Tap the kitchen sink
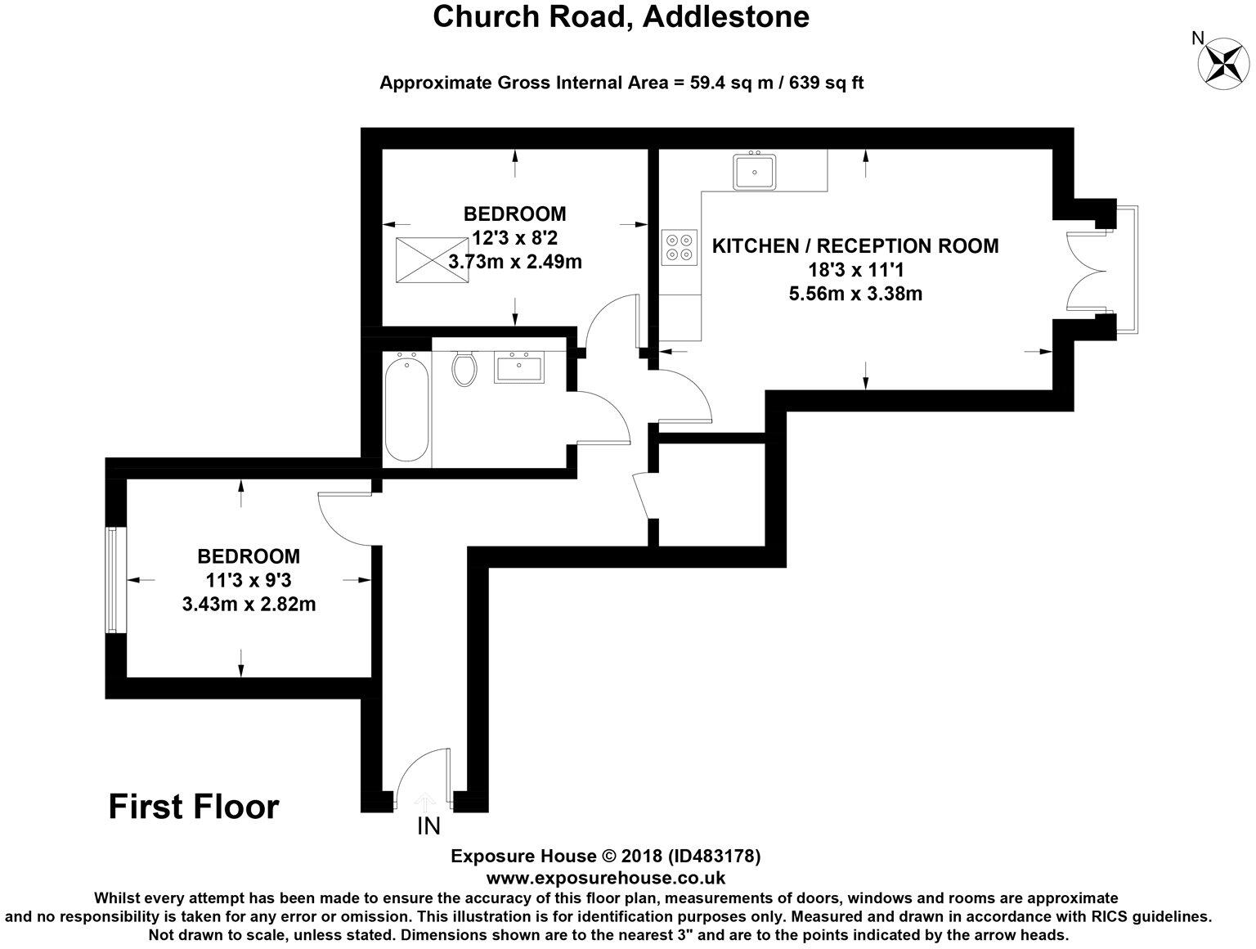coord(755,170)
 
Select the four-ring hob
coord(680,247)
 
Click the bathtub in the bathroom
coord(407,407)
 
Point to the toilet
coord(464,368)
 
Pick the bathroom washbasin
coord(519,367)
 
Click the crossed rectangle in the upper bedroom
coord(432,260)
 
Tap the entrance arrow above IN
coord(424,802)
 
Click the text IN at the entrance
coord(428,826)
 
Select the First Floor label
coord(194,807)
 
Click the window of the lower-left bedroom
coord(111,579)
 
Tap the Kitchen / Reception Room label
coord(855,246)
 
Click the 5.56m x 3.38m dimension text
coord(855,294)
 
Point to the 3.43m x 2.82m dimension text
coord(249,604)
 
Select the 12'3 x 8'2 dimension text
coord(514,237)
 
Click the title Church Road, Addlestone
coord(621,16)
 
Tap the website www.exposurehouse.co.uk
coord(606,878)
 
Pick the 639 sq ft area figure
coord(826,83)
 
